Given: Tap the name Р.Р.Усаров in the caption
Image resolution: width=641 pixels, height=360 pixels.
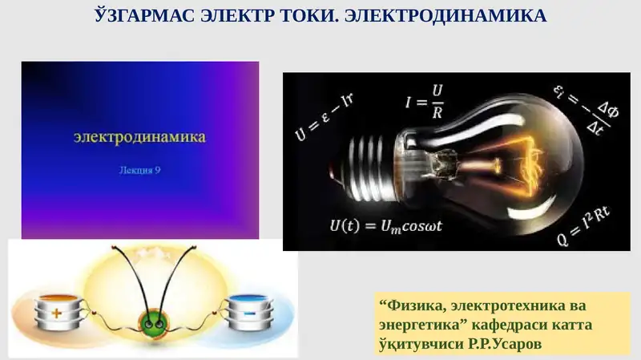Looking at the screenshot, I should tap(516, 344).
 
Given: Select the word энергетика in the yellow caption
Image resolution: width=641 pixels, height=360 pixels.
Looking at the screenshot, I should tap(414, 326).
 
